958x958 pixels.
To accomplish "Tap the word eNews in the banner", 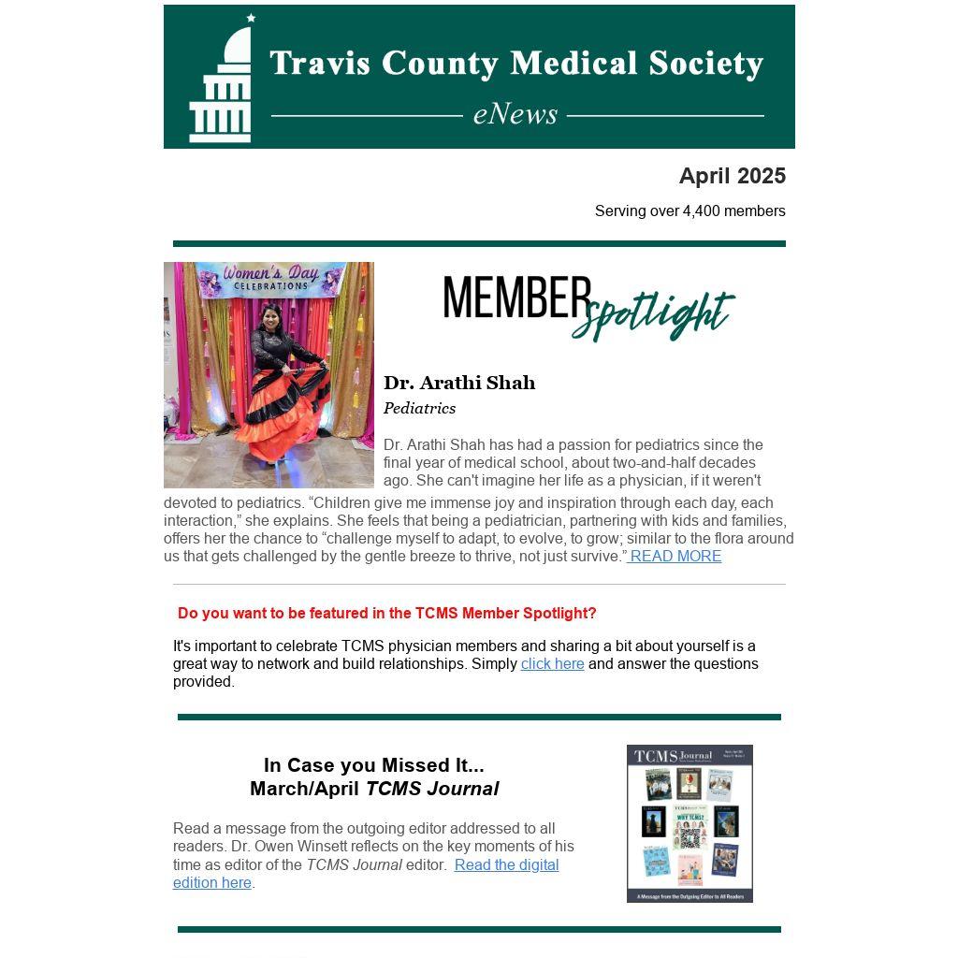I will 515,114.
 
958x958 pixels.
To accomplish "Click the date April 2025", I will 732,176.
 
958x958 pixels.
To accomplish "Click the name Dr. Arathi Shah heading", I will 459,383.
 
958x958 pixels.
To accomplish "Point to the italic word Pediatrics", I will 419,409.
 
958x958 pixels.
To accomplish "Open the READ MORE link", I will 675,557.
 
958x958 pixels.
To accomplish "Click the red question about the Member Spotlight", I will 386,614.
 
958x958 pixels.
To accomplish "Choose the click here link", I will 552,664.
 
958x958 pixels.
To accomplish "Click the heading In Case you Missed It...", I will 373,765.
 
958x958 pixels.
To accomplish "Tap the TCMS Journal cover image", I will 689,823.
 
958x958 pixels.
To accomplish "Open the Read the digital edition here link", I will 506,865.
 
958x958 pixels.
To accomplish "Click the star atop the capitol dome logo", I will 251,18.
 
